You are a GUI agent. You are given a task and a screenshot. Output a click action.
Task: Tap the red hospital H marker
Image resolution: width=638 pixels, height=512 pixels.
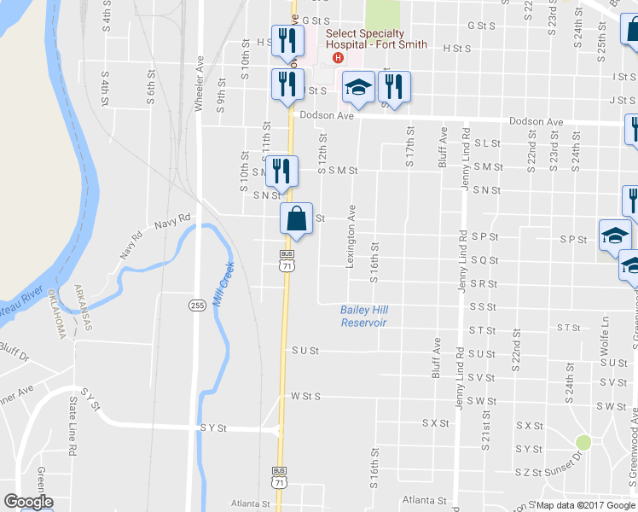pos(339,58)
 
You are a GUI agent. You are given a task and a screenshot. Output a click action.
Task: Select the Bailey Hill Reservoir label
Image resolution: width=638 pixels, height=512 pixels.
pos(363,316)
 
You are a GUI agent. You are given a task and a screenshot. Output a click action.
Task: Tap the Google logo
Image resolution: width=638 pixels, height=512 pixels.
pos(27,502)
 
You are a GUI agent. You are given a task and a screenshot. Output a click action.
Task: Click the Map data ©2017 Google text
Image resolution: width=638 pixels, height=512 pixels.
pos(587,505)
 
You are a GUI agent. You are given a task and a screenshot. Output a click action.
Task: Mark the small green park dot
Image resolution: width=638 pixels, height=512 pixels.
pos(583,442)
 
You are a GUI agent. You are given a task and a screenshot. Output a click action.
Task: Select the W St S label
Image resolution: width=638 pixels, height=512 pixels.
pos(304,396)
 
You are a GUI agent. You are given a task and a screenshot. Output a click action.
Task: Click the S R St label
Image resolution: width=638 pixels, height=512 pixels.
pos(483,283)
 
